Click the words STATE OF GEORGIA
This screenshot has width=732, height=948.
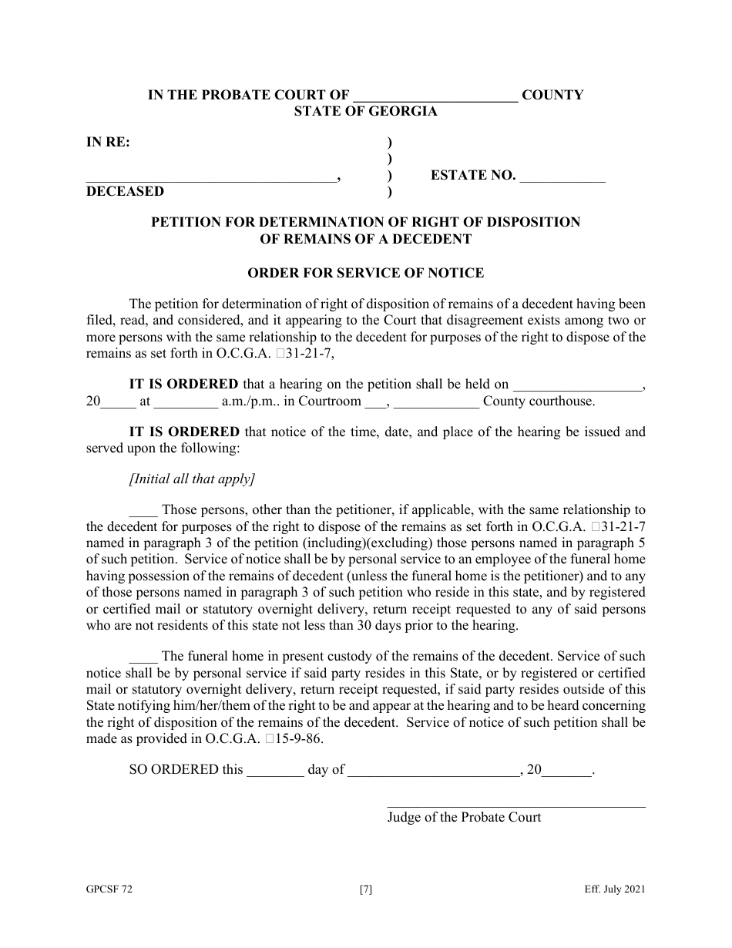pyautogui.click(x=365, y=111)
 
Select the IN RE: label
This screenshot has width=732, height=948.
pyautogui.click(x=108, y=142)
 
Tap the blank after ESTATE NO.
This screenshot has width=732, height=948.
pyautogui.click(x=562, y=176)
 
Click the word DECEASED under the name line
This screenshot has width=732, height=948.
pyautogui.click(x=125, y=191)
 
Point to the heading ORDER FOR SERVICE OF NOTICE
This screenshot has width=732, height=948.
pyautogui.click(x=365, y=273)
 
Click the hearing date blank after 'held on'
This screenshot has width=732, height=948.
pyautogui.click(x=577, y=385)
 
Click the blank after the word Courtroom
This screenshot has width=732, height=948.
pyautogui.click(x=374, y=402)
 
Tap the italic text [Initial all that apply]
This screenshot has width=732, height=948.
pyautogui.click(x=193, y=479)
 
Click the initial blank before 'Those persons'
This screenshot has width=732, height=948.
pyautogui.click(x=143, y=510)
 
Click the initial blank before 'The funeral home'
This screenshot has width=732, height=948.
pyautogui.click(x=143, y=657)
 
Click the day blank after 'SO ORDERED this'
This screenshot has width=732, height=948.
pyautogui.click(x=275, y=770)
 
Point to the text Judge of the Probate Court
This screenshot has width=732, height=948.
pyautogui.click(x=464, y=817)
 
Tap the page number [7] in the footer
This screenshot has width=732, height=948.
pyautogui.click(x=366, y=889)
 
